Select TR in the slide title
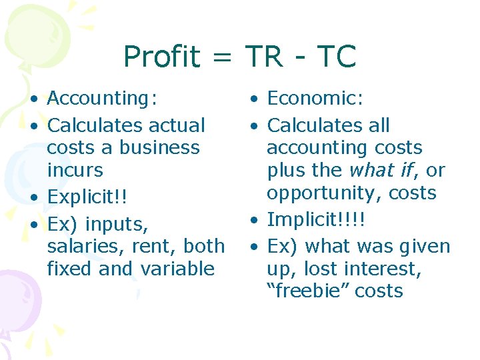265,57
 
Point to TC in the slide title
337,57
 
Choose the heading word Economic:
315,99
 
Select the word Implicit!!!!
317,220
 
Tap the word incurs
75,170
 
